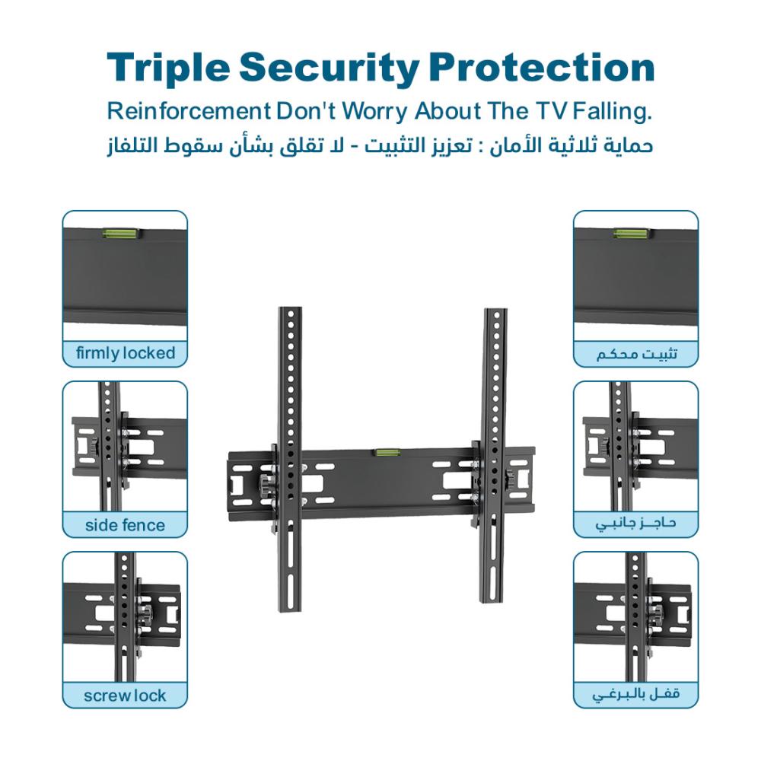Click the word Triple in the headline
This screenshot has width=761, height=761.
[168, 68]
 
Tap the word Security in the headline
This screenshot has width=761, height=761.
[330, 68]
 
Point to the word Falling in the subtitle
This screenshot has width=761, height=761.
[612, 112]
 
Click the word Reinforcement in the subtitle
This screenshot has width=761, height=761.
[189, 111]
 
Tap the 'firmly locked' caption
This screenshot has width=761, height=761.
[126, 353]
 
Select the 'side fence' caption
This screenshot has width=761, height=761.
[126, 524]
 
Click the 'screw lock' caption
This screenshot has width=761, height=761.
[126, 696]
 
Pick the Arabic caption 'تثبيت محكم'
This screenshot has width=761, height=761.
[636, 354]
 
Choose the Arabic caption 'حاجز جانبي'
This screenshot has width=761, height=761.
[635, 524]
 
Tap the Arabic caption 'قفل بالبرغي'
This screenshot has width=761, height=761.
[635, 695]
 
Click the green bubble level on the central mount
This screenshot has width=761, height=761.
[387, 454]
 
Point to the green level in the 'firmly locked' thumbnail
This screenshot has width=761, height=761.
[121, 234]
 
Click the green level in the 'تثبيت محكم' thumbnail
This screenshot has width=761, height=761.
[632, 234]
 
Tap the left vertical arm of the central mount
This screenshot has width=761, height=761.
[290, 459]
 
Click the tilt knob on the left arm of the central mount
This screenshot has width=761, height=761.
[266, 484]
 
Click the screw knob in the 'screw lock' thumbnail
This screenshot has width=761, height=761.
[143, 616]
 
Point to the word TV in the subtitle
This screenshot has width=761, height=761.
[552, 111]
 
